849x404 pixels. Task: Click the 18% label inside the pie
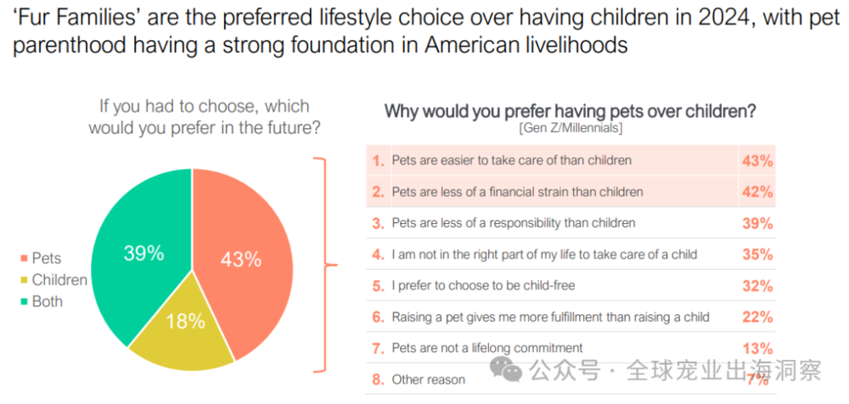[185, 321]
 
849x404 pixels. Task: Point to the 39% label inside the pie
[144, 253]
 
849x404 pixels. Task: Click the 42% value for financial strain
[756, 192]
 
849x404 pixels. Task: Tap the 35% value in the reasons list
[756, 255]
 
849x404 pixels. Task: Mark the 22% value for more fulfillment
[756, 317]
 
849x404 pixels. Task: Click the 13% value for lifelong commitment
[756, 348]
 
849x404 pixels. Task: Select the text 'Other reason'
[428, 379]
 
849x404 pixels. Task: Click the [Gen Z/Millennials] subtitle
[570, 128]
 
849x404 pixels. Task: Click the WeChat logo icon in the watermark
[510, 370]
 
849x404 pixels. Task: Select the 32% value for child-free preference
[756, 286]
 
